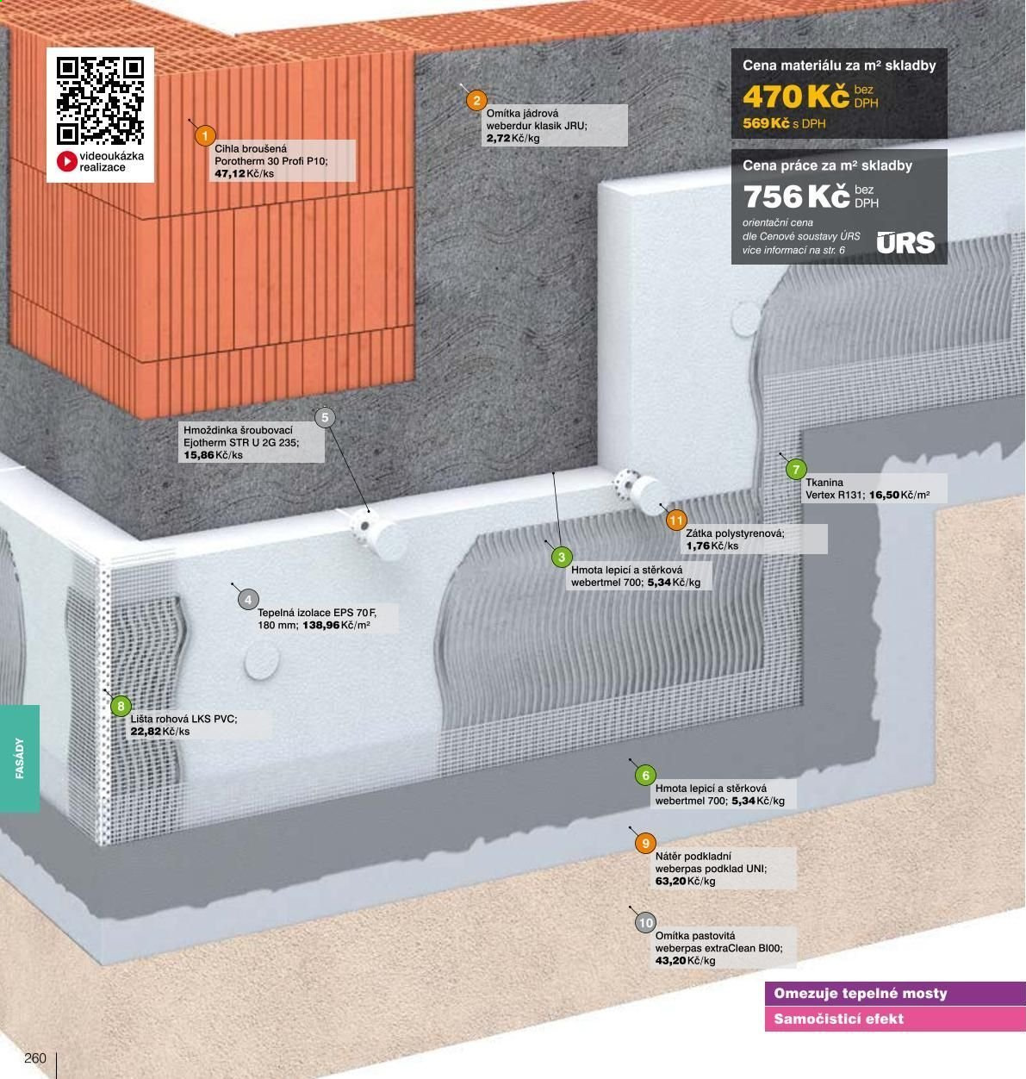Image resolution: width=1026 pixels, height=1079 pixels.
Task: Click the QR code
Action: click(100, 101)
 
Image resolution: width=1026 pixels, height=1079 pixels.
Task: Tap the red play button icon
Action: click(67, 161)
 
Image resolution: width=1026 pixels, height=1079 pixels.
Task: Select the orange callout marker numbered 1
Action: click(205, 135)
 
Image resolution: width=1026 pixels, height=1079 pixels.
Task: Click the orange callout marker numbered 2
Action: click(476, 101)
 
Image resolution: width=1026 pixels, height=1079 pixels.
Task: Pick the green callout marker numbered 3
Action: click(562, 558)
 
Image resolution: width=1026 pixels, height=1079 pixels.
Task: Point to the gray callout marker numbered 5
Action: click(325, 418)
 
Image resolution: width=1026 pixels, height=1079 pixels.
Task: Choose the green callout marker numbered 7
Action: click(796, 469)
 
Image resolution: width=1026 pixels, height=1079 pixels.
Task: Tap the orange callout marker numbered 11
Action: click(676, 521)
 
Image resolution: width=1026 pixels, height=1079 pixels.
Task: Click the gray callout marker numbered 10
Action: click(646, 923)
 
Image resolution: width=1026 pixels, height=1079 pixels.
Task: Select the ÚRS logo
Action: click(905, 242)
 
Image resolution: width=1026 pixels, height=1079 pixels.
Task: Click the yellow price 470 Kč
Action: click(796, 97)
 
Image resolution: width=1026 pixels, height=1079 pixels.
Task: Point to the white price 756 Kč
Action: click(796, 196)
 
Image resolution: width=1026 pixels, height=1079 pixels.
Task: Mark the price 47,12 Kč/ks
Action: click(244, 174)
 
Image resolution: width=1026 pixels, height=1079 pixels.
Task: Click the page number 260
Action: click(35, 1058)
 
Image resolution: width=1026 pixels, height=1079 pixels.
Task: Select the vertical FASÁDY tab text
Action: click(20, 758)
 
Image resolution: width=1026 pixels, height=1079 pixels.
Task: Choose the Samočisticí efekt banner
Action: click(895, 1019)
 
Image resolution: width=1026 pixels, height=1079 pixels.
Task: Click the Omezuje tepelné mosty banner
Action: click(895, 994)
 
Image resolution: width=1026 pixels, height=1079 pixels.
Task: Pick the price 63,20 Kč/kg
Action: click(685, 882)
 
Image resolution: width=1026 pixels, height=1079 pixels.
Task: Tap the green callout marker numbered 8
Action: click(121, 706)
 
